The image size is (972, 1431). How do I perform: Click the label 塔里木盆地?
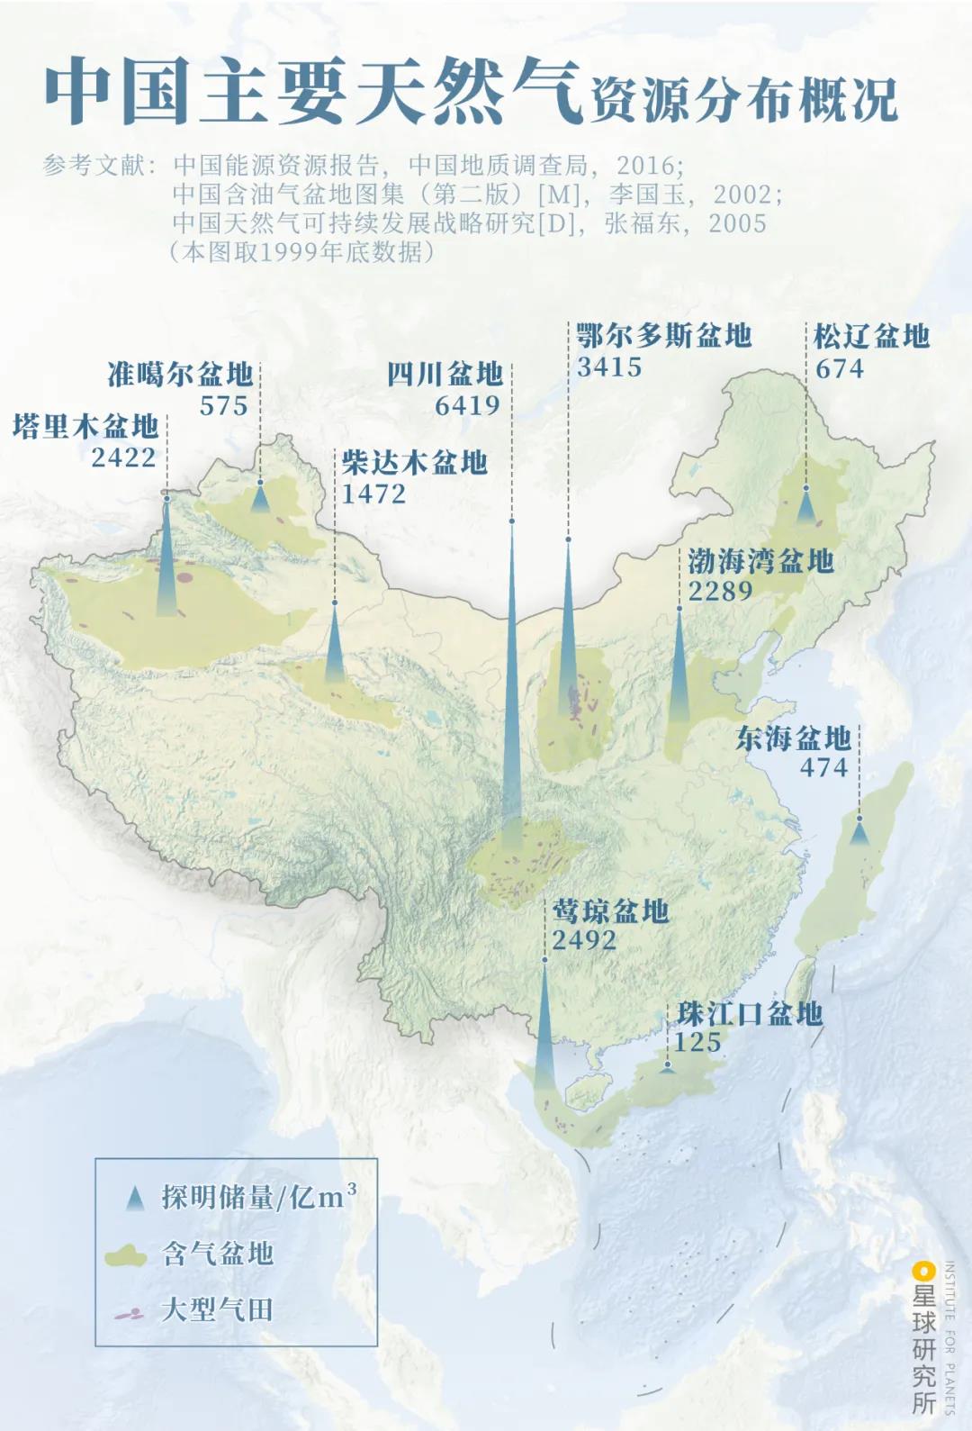85,426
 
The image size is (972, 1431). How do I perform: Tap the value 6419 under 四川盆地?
467,406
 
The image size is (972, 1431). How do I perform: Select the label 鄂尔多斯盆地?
664,336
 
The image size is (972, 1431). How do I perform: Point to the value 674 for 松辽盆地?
839,368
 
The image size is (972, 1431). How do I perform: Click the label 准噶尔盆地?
180,374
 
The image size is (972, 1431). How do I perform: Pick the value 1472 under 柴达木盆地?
373,494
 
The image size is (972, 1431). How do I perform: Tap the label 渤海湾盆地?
761,561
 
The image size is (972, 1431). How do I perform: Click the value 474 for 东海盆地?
824,767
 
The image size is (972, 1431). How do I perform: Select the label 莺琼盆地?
610,911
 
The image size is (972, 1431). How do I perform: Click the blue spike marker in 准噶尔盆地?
260,498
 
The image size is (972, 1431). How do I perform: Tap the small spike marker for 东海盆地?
859,832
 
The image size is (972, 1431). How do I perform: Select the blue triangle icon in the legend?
135,1199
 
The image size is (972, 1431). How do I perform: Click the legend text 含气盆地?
217,1253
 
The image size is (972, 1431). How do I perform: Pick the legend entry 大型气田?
217,1309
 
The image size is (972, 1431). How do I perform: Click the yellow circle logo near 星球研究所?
923,1272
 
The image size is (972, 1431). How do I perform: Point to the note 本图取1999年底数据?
301,251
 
